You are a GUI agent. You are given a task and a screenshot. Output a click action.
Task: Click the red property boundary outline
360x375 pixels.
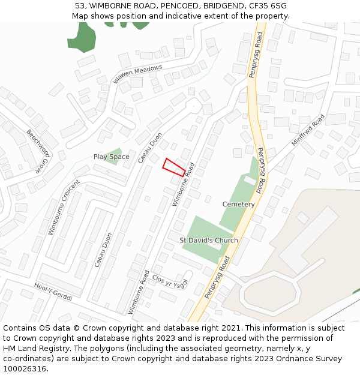(174, 167)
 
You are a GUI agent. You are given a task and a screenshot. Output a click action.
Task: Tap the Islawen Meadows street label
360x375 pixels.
(137, 74)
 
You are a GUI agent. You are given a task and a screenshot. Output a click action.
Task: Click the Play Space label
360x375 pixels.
(111, 157)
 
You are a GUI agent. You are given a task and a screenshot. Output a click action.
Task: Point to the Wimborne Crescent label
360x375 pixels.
(64, 208)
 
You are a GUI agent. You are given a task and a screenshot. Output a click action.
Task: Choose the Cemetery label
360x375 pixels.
(239, 204)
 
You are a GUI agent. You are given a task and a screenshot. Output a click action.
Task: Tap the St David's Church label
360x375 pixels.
(209, 240)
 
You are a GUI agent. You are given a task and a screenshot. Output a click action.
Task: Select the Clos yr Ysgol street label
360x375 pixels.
(170, 281)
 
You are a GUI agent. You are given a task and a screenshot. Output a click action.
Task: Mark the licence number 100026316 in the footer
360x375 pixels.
(25, 368)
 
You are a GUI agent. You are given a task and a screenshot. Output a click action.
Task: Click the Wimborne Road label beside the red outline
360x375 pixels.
(184, 185)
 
